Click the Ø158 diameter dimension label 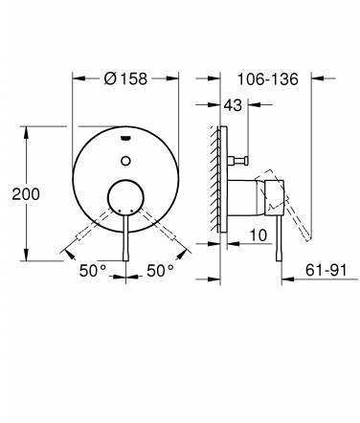tap(125, 78)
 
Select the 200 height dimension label tap(26, 194)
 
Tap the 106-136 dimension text tap(268, 78)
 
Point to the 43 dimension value tap(233, 105)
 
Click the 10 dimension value tap(258, 235)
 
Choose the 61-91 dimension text tap(326, 270)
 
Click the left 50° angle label tap(93, 271)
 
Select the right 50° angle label tap(161, 271)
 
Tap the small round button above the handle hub tap(125, 161)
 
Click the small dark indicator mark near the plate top tap(125, 138)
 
